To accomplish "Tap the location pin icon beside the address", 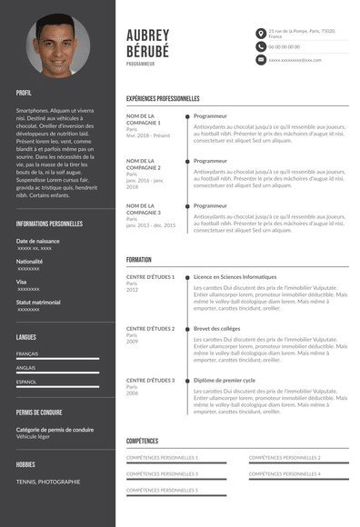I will [x=259, y=33].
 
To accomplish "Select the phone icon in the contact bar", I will [x=259, y=45].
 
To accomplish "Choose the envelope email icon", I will [x=259, y=59].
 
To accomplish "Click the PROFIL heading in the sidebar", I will [x=24, y=93].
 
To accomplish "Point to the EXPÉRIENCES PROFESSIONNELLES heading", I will [x=163, y=98].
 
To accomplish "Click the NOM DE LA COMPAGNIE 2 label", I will [x=144, y=164].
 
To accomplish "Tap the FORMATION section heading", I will [x=139, y=260].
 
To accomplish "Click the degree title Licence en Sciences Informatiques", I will [x=235, y=276].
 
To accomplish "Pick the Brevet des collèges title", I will [x=216, y=328].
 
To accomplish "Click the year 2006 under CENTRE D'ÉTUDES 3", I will [x=133, y=393].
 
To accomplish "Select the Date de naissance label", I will [x=37, y=241].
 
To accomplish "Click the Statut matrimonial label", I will [x=38, y=302].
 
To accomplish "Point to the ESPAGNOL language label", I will [x=26, y=383].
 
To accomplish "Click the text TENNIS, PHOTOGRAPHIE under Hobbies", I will [x=48, y=482].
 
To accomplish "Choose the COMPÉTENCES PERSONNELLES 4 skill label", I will [x=285, y=473].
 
